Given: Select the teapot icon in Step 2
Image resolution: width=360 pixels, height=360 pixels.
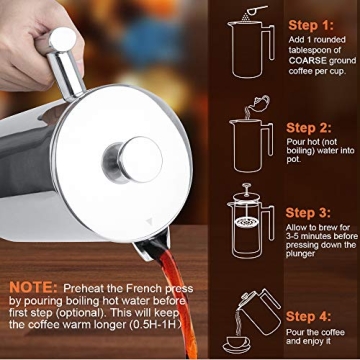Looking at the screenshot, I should [x=258, y=102].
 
